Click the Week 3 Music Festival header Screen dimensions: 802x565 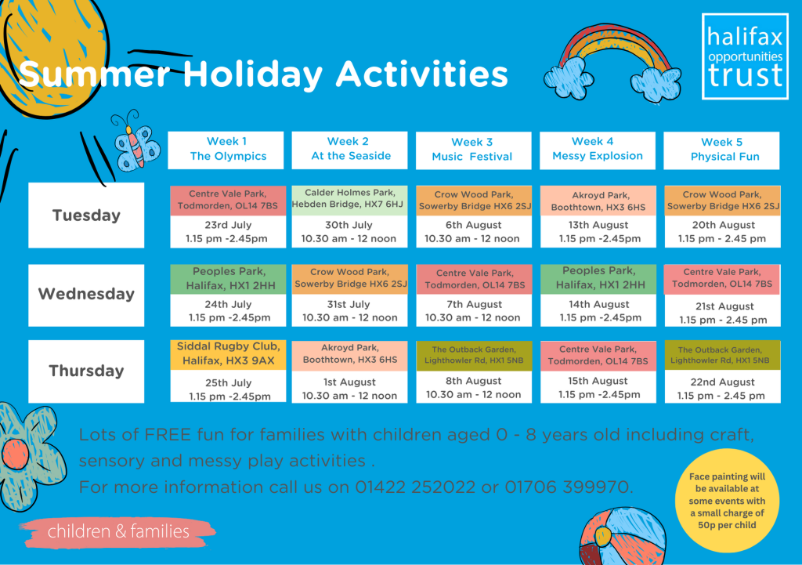pos(473,150)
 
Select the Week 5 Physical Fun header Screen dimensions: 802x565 pos(721,150)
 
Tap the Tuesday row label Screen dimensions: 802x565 pos(86,215)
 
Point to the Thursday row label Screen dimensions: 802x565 pos(86,371)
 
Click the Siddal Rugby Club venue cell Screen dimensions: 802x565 pos(228,354)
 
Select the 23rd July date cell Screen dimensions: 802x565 pos(228,232)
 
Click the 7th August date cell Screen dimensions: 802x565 pos(474,310)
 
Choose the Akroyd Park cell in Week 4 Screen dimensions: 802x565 pos(598,201)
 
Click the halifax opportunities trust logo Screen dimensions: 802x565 pos(745,56)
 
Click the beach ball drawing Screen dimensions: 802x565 pos(623,536)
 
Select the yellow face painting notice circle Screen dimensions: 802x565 pos(727,500)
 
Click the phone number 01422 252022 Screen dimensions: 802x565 pos(415,487)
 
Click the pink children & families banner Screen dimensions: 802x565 pos(117,532)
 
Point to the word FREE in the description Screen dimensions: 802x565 pos(168,434)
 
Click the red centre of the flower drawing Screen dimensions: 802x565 pos(16,454)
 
